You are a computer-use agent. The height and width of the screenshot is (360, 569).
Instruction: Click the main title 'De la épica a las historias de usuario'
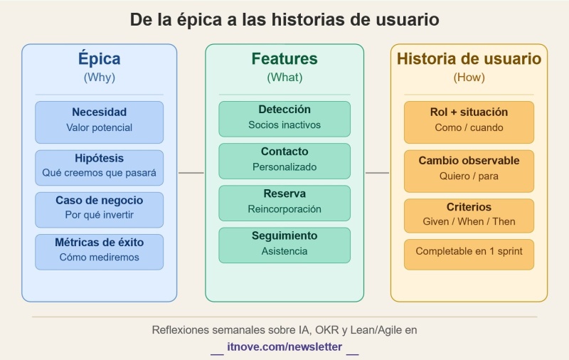[x=284, y=19]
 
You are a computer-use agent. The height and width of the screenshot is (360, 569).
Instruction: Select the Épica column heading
[x=99, y=59]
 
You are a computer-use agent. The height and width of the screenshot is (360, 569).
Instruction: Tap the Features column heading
[x=284, y=59]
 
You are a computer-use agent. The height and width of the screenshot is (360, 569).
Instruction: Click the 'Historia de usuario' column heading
[x=469, y=59]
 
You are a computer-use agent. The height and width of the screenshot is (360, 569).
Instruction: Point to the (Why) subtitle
[x=99, y=77]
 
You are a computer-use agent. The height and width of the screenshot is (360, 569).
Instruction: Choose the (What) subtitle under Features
[x=284, y=77]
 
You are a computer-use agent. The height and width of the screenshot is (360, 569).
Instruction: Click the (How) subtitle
[x=469, y=77]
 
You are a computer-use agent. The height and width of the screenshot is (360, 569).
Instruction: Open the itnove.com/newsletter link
[x=284, y=347]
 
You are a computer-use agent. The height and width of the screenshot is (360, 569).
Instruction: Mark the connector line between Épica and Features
[x=191, y=173]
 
